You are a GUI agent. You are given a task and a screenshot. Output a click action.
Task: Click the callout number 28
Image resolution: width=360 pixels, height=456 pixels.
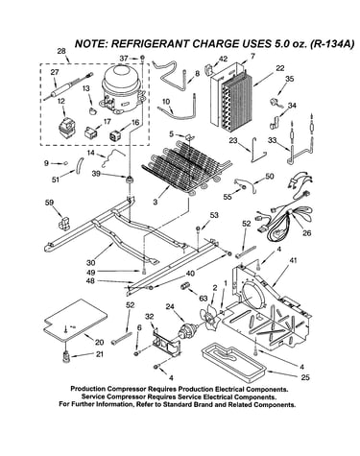click(61, 51)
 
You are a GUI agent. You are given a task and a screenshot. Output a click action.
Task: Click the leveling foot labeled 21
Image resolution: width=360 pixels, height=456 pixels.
click(66, 356)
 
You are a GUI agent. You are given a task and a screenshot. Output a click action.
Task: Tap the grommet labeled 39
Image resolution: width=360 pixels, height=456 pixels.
click(130, 180)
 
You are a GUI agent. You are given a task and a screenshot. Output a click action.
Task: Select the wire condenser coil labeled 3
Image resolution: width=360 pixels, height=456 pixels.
click(185, 168)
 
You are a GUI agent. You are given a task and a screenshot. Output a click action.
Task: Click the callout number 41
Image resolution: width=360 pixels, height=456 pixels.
click(292, 260)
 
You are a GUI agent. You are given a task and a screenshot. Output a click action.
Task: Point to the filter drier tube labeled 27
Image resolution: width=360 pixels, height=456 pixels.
click(68, 86)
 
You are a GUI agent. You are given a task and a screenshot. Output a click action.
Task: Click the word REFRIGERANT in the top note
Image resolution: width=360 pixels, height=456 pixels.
click(150, 44)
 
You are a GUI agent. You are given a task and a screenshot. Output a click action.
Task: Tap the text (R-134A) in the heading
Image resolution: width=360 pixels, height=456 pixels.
click(332, 44)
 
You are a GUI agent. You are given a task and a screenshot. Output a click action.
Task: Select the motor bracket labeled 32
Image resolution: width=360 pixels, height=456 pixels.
click(166, 344)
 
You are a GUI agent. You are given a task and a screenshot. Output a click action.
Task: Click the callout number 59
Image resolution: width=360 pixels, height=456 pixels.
click(49, 203)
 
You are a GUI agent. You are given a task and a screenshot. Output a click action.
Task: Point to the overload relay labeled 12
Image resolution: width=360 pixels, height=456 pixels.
click(66, 128)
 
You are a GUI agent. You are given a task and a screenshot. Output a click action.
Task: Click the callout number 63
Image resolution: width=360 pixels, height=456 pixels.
click(204, 299)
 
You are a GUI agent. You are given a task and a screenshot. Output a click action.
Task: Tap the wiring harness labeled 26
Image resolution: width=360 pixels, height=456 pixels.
click(284, 214)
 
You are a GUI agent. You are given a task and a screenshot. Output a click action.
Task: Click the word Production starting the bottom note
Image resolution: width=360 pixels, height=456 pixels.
click(88, 389)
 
